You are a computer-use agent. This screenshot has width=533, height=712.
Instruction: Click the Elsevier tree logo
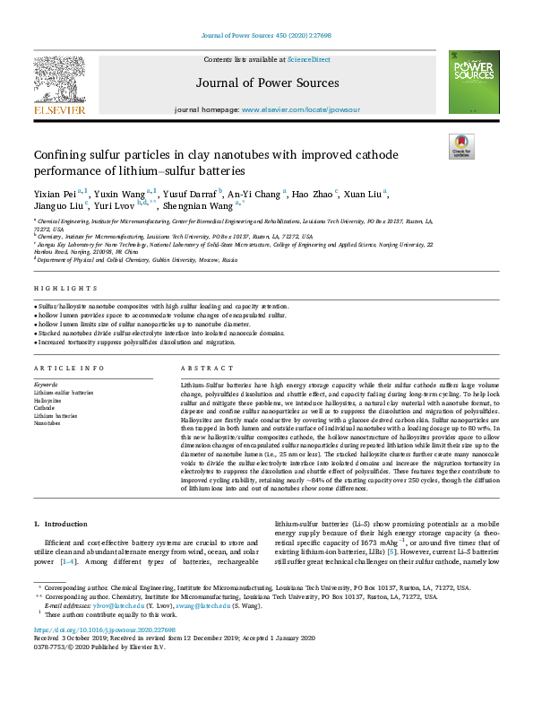60,82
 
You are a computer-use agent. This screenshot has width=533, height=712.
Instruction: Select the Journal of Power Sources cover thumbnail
474,82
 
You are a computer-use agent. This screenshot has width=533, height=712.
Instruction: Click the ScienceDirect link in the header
308,59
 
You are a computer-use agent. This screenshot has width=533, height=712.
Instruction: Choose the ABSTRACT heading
201,369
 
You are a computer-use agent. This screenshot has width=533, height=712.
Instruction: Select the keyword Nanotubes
48,422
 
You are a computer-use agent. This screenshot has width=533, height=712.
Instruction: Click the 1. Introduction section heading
61,523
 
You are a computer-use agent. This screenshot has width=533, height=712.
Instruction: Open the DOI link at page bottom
90,630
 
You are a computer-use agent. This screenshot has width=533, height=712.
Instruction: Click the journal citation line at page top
266,37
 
